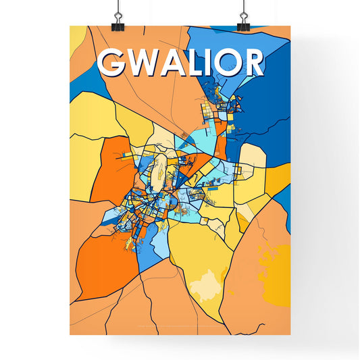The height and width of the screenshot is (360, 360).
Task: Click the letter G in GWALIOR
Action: (x=112, y=63)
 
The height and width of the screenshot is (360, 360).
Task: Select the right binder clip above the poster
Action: (x=243, y=18)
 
